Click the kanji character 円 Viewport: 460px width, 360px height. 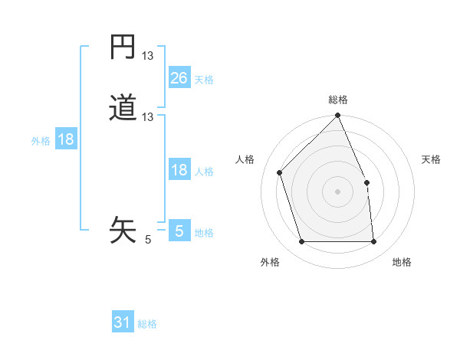pos(123,48)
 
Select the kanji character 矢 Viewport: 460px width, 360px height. pos(123,229)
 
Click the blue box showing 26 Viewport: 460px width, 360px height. pos(179,77)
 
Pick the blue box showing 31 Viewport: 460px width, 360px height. pos(123,322)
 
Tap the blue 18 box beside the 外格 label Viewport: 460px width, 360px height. pos(66,139)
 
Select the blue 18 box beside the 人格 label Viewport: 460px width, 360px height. pos(179,170)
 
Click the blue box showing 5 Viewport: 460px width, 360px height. pos(179,231)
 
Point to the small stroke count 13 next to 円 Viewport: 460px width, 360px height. pos(148,56)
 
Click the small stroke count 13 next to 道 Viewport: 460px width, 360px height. pos(148,117)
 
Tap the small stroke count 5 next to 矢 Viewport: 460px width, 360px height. pos(148,239)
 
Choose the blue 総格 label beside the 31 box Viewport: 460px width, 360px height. pos(147,324)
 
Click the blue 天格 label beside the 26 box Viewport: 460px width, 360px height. pos(204,79)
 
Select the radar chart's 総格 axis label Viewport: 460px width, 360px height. pos(338,100)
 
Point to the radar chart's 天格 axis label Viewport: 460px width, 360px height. pos(431,159)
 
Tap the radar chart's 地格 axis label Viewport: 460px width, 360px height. pos(402,262)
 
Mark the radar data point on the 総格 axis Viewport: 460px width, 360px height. pos(338,116)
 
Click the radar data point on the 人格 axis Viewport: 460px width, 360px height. pos(280,172)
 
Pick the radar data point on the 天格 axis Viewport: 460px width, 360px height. pos(366,182)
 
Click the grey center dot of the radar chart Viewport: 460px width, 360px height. pos(338,191)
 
